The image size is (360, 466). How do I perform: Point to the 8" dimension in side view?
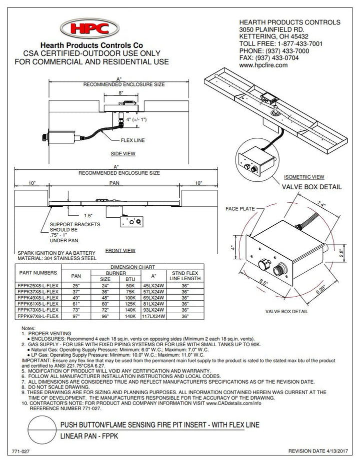[121, 93]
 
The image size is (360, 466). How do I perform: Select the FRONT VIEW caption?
[120, 250]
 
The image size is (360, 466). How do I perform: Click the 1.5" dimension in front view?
[88, 216]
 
